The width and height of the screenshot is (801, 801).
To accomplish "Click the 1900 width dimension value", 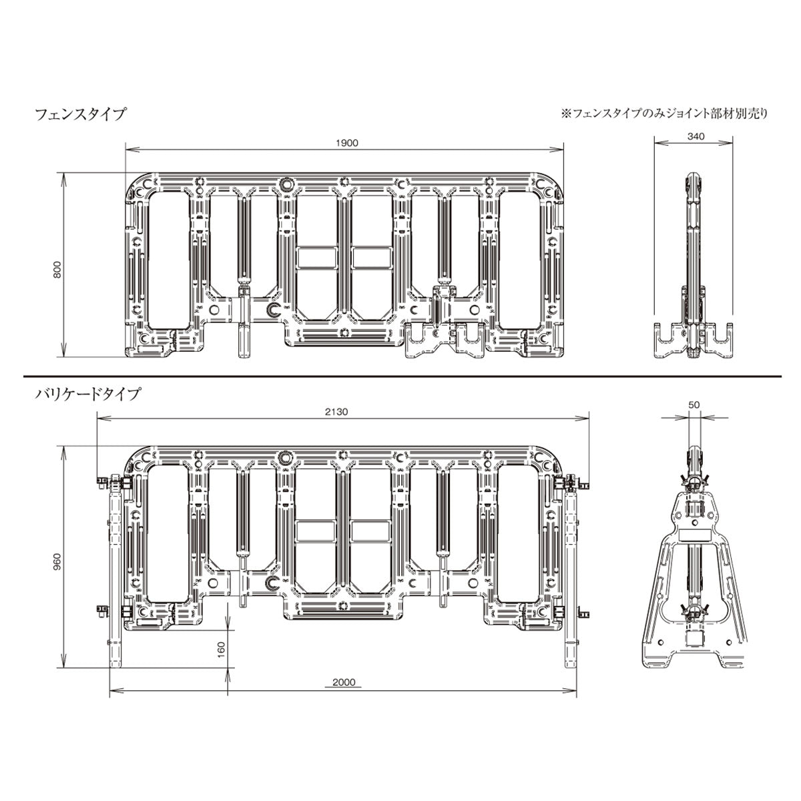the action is coord(346,144).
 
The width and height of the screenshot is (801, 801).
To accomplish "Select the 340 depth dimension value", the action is coord(696,136).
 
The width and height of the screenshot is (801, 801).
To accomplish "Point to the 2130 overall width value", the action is coord(336,412).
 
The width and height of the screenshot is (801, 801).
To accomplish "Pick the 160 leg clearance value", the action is coord(221,649).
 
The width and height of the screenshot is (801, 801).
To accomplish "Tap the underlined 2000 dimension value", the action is coord(344,683).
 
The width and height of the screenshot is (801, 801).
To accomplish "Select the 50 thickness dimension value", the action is coord(694,405).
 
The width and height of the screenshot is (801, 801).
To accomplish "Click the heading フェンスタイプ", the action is coord(80,114).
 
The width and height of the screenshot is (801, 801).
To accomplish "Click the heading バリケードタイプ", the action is coord(87,394).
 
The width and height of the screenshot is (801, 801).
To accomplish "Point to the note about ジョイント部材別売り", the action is coord(664,114).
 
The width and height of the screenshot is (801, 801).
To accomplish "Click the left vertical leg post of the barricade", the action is coord(115,575).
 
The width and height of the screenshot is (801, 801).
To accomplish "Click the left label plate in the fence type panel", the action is coord(317,258).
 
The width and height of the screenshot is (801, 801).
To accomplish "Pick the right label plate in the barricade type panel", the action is coord(370,531).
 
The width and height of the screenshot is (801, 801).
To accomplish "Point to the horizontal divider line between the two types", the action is coord(403,376).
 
